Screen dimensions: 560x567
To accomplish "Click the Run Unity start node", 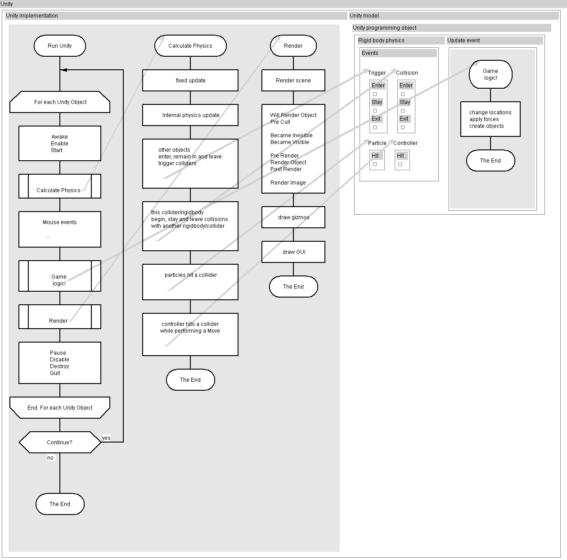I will tap(59, 46).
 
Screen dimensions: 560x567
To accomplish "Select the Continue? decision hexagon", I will tap(59, 443).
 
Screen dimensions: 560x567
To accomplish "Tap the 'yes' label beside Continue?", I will tap(106, 438).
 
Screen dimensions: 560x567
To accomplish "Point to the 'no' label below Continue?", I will tap(50, 458).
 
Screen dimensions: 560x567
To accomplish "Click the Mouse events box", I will tap(59, 229).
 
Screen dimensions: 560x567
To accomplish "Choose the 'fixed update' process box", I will tap(190, 81).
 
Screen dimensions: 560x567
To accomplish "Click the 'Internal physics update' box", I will tap(190, 115).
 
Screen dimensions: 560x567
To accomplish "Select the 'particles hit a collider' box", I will tap(190, 282).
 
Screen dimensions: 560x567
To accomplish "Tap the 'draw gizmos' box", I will tap(293, 217).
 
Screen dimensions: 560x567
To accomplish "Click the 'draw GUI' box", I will tap(293, 252).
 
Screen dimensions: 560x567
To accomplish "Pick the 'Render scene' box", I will tap(293, 81).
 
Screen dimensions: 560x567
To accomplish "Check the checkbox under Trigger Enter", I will tap(375, 94).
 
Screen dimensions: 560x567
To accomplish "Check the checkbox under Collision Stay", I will tap(403, 111).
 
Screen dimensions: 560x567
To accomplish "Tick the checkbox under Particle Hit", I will tap(375, 164).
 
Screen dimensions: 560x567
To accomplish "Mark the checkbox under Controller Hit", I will tap(400, 164).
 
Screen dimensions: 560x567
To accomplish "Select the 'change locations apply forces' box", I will tap(490, 119).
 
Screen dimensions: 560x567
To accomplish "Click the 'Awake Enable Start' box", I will tap(59, 143).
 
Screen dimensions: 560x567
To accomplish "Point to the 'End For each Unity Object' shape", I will tap(59, 408).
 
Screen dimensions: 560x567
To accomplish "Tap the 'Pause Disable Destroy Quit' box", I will tap(59, 363).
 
